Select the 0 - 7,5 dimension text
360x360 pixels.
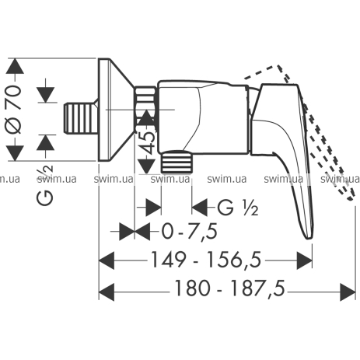point(189,232)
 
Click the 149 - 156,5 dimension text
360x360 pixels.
point(205,260)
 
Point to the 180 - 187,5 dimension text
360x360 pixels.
point(229,288)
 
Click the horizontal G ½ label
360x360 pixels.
point(237,208)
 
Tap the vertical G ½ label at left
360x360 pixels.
point(45,184)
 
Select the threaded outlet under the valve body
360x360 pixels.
point(178,162)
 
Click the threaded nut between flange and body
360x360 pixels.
point(146,109)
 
